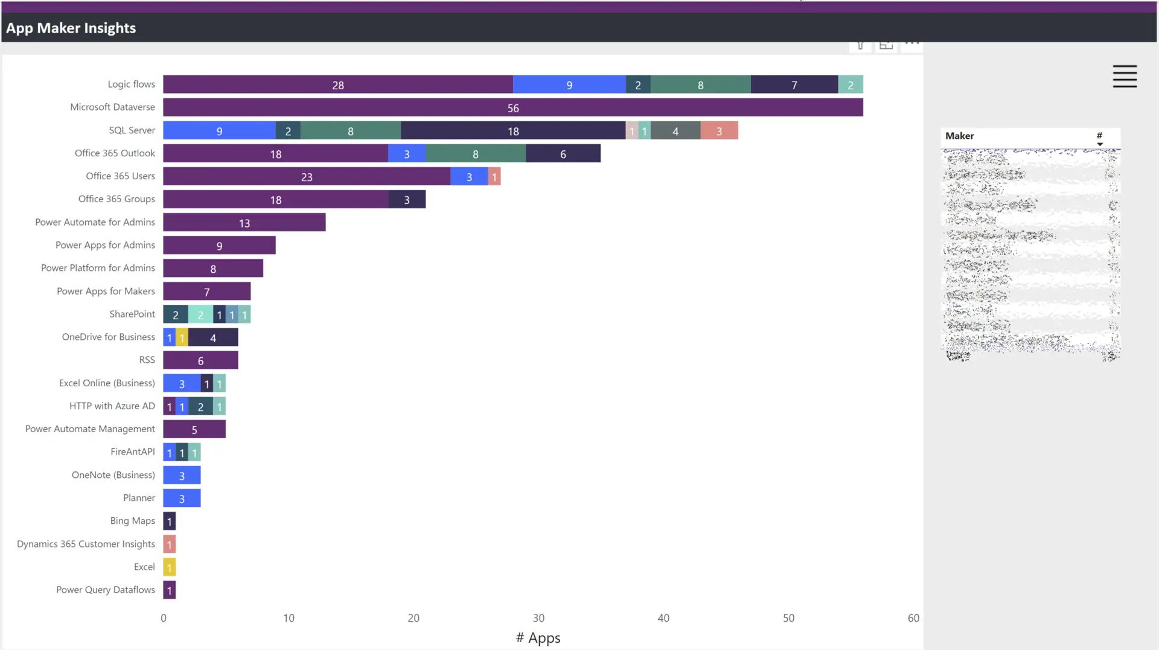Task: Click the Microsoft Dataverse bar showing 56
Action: tap(512, 107)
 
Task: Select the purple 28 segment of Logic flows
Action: tap(337, 84)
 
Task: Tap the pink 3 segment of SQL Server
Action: tap(719, 130)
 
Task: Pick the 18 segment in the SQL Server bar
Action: tap(512, 130)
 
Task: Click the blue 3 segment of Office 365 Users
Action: tap(469, 176)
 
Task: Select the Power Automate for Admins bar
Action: tap(244, 222)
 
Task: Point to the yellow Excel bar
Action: tap(170, 567)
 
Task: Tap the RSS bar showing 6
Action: tap(200, 360)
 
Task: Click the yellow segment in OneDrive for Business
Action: tap(182, 337)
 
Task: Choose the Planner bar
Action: tap(182, 498)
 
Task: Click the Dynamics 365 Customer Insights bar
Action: tap(170, 544)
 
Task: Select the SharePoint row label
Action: tap(132, 314)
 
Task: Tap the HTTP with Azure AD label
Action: tap(112, 406)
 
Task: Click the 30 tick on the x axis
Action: tap(538, 618)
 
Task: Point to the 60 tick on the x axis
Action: tap(913, 618)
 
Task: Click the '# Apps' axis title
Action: tap(538, 638)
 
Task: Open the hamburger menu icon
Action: tap(1125, 77)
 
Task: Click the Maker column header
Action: tap(960, 136)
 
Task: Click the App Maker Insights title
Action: tap(71, 28)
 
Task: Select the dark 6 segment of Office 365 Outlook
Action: tap(563, 153)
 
